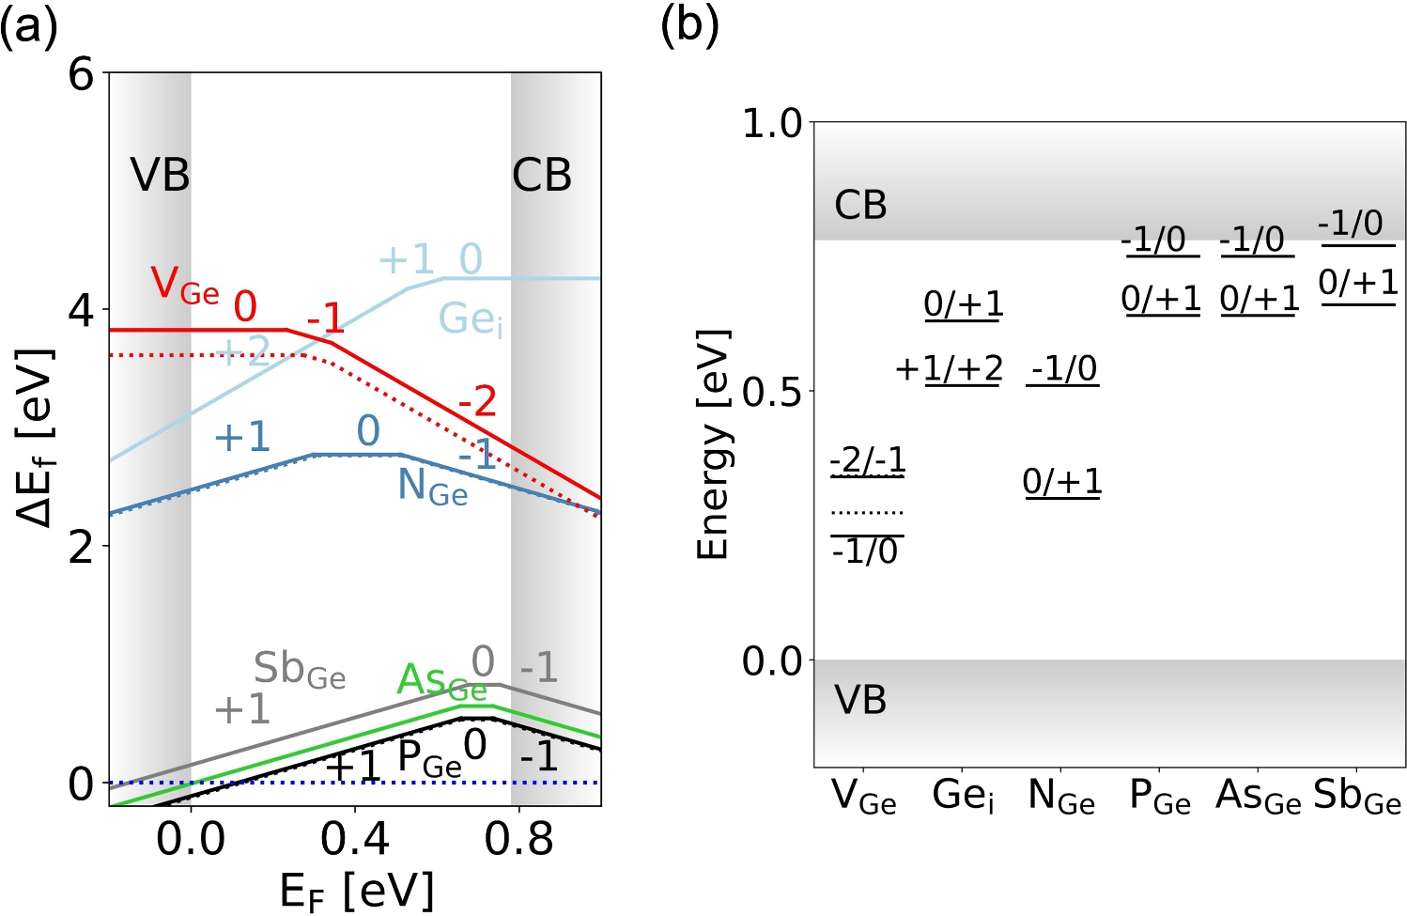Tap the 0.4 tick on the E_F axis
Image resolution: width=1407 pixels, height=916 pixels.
coord(355,839)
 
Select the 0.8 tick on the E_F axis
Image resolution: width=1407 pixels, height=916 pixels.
coord(519,839)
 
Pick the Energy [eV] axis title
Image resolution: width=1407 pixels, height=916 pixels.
coord(714,444)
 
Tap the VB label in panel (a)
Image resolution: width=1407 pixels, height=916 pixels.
coord(160,175)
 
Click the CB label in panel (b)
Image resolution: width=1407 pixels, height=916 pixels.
coord(860,205)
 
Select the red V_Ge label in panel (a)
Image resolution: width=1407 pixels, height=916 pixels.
coord(184,284)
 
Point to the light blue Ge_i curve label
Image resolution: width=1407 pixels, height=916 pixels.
coord(471,320)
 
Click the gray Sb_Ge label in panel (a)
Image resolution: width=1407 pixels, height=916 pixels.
coord(300,670)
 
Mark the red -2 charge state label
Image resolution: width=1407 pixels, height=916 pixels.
coord(477,402)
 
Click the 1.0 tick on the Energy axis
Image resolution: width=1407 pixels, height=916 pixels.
coord(772,123)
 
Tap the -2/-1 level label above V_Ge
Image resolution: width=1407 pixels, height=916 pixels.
coord(868,459)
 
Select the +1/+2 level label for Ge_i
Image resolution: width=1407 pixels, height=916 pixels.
coord(949,369)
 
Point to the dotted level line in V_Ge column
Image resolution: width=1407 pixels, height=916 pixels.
coord(867,513)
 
